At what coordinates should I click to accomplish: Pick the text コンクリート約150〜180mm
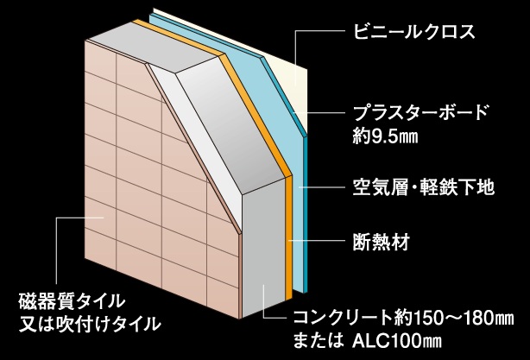(407, 317)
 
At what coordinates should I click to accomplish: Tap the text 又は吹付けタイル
(90, 325)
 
